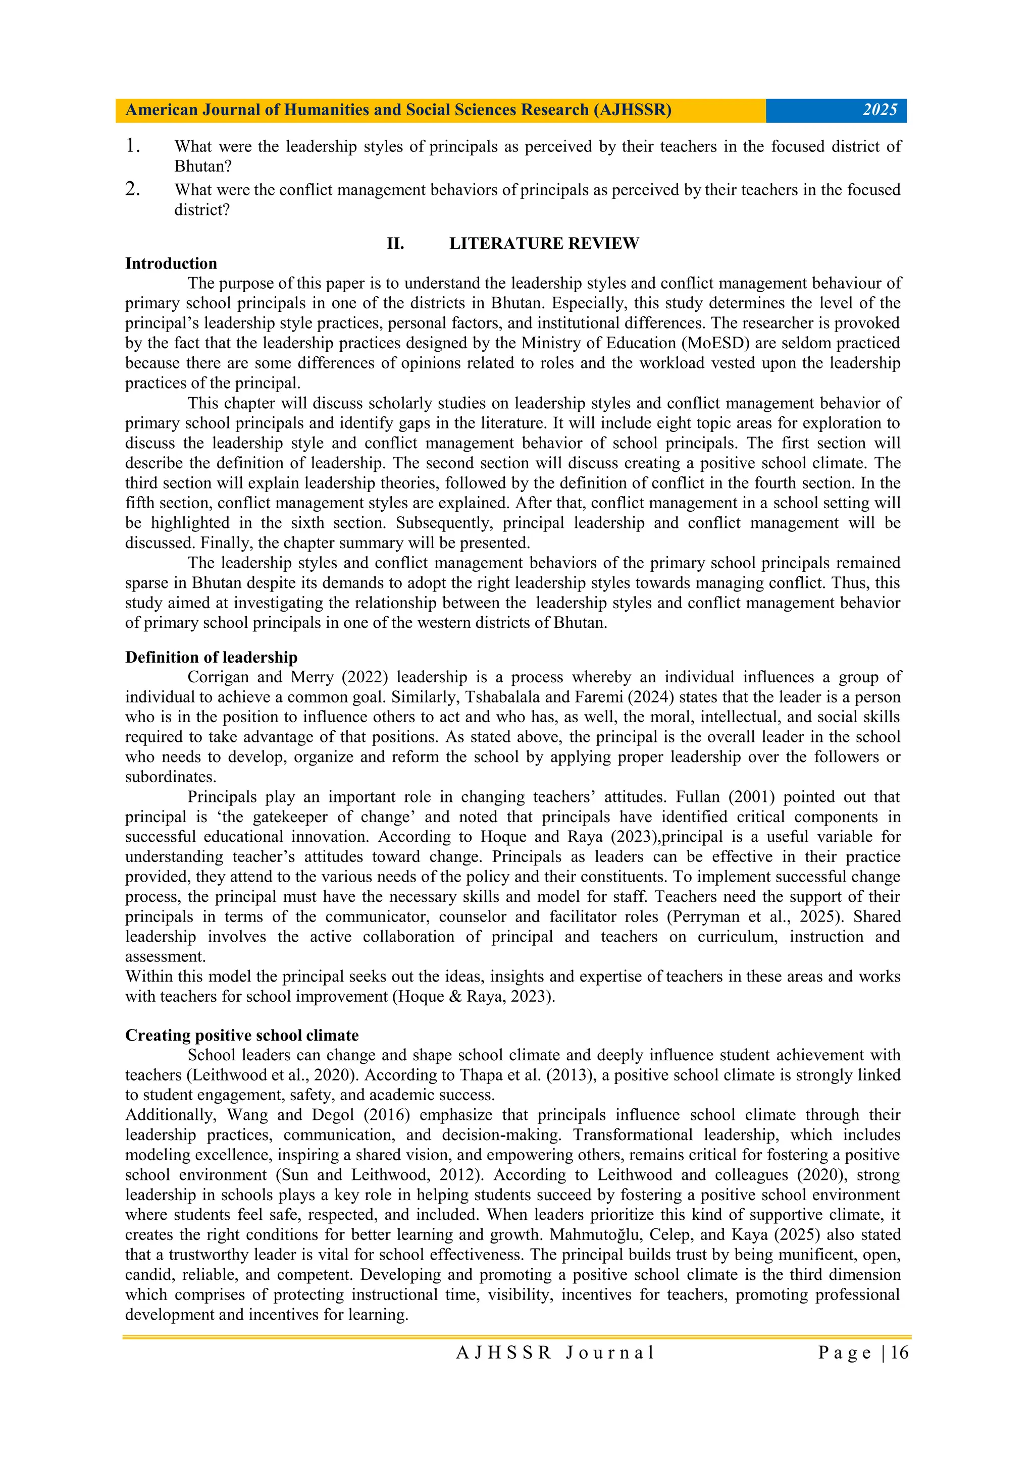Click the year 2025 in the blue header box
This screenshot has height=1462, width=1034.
[880, 110]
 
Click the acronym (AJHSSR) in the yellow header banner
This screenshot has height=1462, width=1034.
[632, 110]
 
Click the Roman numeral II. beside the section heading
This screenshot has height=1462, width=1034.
[396, 243]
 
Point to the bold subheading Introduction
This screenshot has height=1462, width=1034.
[171, 263]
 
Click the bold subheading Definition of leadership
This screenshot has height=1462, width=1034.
[211, 657]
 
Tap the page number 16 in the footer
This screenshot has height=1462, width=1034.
[899, 1352]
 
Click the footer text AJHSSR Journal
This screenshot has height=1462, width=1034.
[555, 1352]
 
